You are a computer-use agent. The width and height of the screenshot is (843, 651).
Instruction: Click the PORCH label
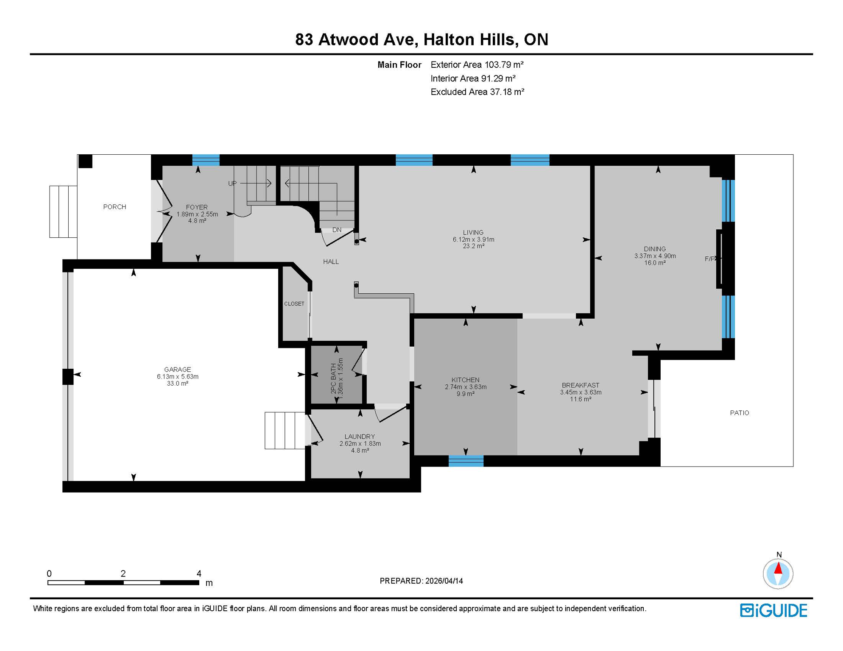click(x=114, y=207)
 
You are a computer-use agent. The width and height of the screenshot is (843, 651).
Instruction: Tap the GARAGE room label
click(x=177, y=370)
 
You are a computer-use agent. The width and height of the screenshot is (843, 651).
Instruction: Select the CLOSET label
click(x=294, y=304)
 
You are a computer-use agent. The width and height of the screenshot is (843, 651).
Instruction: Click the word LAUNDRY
click(x=360, y=437)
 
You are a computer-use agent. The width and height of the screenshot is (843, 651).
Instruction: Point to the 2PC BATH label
click(x=334, y=378)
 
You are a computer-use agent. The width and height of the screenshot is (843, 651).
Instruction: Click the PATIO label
click(x=739, y=413)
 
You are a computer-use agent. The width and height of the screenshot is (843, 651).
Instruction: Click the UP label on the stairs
click(x=232, y=184)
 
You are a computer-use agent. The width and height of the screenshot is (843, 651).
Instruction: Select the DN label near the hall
click(x=337, y=230)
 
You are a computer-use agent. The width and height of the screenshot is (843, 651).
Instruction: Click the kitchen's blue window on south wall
click(x=466, y=461)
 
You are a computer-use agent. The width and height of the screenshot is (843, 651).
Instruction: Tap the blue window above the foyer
click(x=206, y=160)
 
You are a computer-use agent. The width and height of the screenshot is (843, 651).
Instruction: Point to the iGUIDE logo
click(x=773, y=610)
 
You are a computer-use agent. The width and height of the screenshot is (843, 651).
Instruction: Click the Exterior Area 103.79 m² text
click(x=477, y=65)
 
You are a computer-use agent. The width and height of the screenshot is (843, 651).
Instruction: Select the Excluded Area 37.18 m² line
click(x=477, y=92)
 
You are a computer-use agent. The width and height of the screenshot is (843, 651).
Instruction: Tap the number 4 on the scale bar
click(x=199, y=573)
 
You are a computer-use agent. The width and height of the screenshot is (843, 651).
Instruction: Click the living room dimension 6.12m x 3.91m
click(x=473, y=239)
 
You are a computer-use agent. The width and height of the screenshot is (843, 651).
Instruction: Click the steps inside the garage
click(x=285, y=430)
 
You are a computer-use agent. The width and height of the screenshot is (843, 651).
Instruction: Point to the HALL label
click(x=331, y=262)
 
